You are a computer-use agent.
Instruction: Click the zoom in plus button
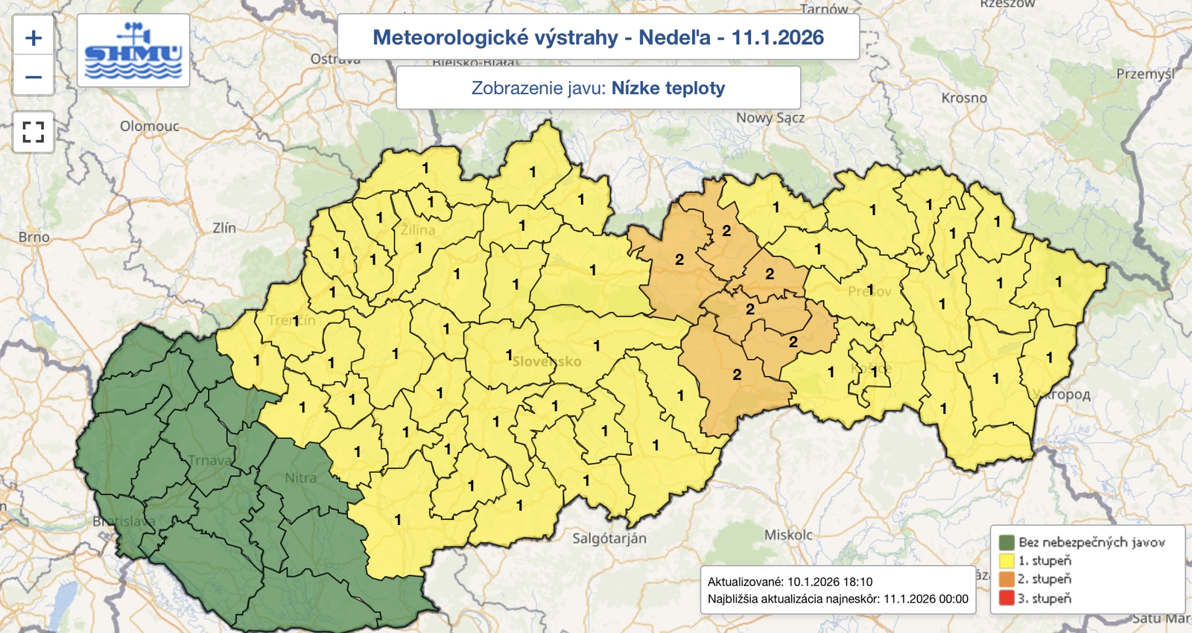point(34,38)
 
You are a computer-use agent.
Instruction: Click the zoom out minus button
point(34,77)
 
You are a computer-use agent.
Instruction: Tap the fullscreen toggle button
point(34,133)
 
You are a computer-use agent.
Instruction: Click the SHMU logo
point(133,51)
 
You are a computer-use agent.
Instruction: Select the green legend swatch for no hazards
point(1006,542)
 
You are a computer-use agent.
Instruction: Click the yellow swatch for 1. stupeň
point(1006,561)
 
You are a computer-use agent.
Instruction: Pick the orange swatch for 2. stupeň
point(1006,579)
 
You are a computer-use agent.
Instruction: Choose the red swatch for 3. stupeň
point(1006,598)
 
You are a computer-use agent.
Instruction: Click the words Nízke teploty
point(668,88)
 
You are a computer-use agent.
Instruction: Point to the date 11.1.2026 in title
point(778,37)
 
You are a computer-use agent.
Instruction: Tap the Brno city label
point(34,237)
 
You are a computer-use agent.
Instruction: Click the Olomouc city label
point(150,126)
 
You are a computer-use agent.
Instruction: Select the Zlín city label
point(224,228)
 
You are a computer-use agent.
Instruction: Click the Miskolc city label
point(788,535)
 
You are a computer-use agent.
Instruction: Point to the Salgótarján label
point(609,538)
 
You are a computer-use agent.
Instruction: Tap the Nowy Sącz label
point(770,118)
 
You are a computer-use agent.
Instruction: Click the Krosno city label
point(964,98)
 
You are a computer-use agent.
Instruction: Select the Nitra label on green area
point(300,477)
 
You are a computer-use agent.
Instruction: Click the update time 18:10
point(855,582)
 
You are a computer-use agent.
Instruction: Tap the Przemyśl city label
point(1145,74)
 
